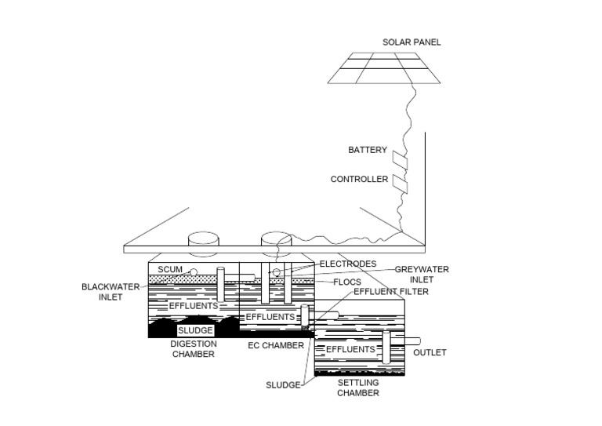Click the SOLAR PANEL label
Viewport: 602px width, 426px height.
coord(412,42)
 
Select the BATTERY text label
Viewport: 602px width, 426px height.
coord(368,150)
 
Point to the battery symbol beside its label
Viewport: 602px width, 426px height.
coord(401,160)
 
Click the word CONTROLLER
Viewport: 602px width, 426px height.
coord(359,180)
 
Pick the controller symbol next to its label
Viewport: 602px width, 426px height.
coord(401,184)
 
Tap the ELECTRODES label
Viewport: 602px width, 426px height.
coord(349,264)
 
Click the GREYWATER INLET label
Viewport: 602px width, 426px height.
coord(421,274)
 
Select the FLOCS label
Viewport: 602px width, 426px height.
coord(346,282)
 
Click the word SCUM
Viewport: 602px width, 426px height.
coord(170,270)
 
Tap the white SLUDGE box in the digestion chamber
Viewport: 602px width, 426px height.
coord(195,331)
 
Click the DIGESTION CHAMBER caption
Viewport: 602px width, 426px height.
coord(192,349)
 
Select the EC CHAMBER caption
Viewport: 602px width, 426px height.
coord(270,346)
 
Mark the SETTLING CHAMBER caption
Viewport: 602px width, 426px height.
coord(358,388)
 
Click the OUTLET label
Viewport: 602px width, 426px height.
coord(430,353)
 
